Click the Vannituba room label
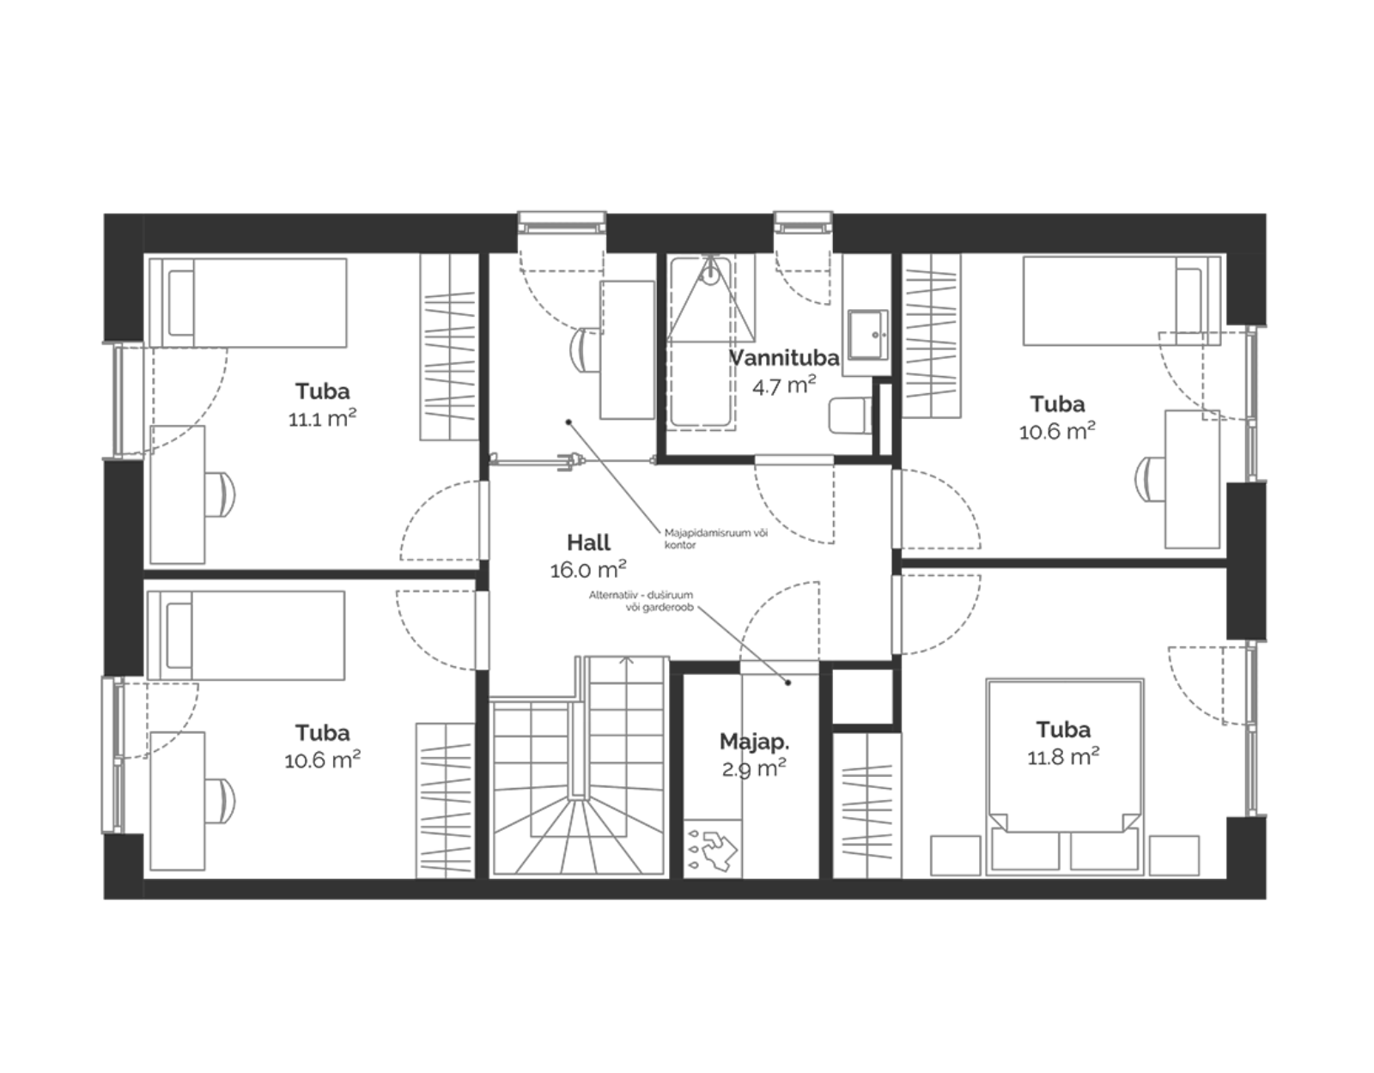point(785,358)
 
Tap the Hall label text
point(588,543)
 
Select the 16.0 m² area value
point(588,569)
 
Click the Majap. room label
point(754,742)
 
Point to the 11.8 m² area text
point(1063,756)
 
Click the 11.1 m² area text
point(322,418)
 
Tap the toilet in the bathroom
point(850,415)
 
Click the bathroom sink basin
point(867,334)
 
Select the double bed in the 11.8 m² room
point(1065,777)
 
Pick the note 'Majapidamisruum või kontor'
point(716,538)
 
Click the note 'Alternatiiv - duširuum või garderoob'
point(641,601)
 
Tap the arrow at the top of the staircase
point(626,660)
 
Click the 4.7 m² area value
point(784,385)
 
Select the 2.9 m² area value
point(754,769)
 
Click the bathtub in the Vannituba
point(702,342)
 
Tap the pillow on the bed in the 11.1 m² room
point(181,303)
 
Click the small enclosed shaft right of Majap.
point(862,696)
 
